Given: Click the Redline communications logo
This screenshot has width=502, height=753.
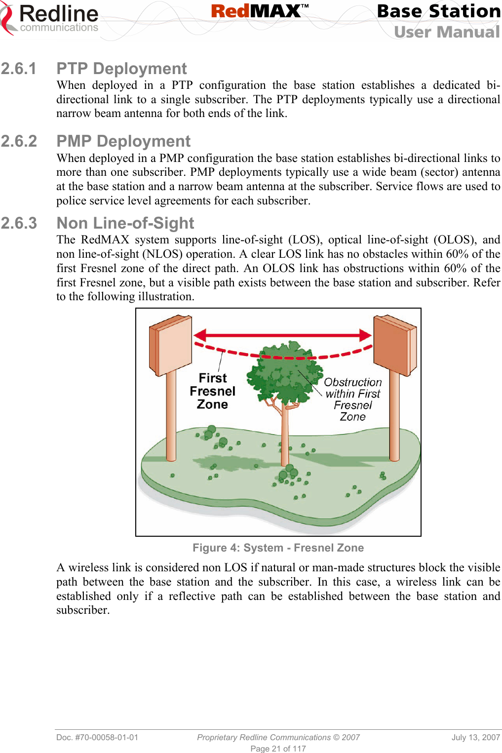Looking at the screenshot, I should coord(50,19).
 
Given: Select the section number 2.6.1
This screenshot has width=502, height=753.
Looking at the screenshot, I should coord(19,69).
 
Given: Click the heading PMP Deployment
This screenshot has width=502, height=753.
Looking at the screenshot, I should coord(123,141).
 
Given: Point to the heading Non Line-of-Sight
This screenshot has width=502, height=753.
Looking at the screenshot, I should coord(125,223).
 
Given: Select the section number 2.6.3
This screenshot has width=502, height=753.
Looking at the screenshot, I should coord(19,223).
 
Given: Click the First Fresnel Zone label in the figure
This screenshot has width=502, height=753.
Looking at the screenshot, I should coord(213,391).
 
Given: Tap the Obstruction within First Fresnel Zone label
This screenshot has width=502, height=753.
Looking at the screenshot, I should coord(353,399).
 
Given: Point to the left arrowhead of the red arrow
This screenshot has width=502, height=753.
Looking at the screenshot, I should coord(200,336).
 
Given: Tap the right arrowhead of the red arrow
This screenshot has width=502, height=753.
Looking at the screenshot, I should coord(365,335).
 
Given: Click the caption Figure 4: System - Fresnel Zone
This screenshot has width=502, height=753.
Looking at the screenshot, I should coord(278,548).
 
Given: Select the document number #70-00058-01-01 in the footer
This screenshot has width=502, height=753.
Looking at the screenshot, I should coord(97,737).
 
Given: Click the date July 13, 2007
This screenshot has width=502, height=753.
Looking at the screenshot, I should coord(475,737).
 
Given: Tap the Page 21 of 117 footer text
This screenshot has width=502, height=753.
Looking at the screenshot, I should coord(278,749).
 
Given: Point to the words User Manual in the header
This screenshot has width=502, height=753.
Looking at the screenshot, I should coord(447,32).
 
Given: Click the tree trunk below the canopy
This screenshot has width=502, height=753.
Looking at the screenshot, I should coord(285,435).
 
